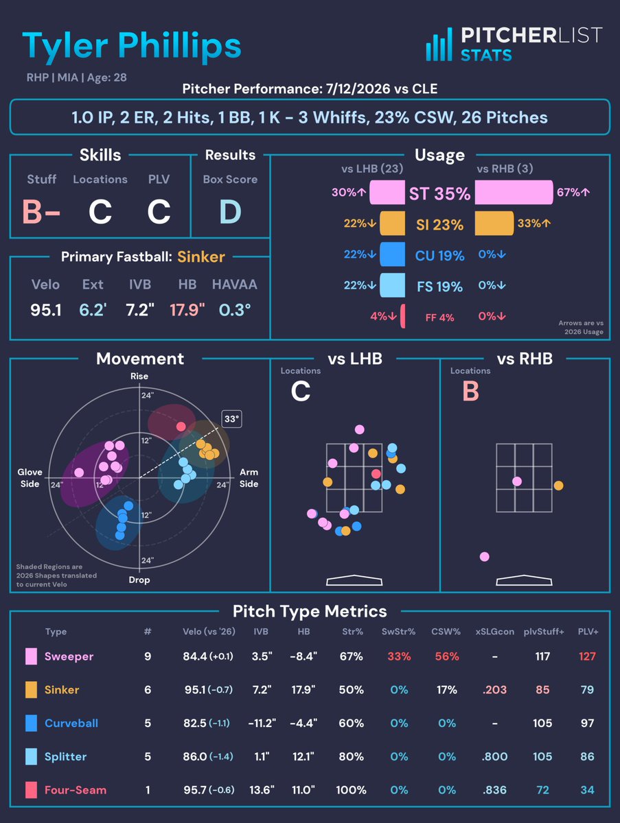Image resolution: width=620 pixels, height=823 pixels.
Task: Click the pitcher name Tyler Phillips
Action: coord(131,47)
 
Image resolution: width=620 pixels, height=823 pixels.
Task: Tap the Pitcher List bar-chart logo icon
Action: coord(439,45)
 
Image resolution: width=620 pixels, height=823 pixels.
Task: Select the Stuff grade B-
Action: coord(41,211)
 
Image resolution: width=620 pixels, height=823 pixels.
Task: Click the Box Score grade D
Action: coord(230,211)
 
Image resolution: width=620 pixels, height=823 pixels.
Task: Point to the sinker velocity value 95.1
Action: coord(46,310)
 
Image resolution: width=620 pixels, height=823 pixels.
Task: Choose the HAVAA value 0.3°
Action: coord(235,310)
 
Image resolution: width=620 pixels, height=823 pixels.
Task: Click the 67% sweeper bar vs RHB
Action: coord(514,192)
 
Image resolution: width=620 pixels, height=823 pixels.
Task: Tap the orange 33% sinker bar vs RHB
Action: coord(494,224)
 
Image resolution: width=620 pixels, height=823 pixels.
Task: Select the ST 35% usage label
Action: coord(439,194)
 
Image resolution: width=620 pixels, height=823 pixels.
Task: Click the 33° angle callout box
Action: coord(231,419)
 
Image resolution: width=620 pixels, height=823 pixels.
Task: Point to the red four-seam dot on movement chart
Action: coord(181,427)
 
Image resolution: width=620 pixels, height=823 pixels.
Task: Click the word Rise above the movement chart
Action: coord(139,376)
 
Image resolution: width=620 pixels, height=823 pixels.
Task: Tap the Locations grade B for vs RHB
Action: coord(470,391)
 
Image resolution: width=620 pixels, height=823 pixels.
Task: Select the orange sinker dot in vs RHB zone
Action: coord(558,486)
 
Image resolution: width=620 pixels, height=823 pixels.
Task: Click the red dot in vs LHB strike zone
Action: coord(376,473)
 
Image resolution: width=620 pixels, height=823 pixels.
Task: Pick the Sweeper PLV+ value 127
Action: coord(587,656)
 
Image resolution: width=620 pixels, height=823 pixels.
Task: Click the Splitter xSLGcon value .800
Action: coord(494,756)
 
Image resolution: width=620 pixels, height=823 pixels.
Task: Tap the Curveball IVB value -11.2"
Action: coord(262,724)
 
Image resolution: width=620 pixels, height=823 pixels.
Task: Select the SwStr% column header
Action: coord(398,632)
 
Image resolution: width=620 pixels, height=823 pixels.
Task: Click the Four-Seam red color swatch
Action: coord(31,790)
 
